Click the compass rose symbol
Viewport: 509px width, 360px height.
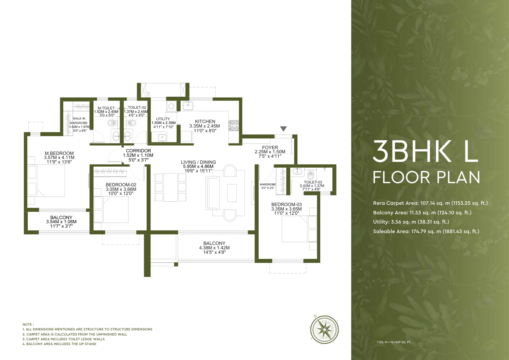pyautogui.click(x=324, y=329)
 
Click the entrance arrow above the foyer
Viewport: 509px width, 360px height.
pyautogui.click(x=283, y=129)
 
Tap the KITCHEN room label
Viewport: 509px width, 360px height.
pyautogui.click(x=205, y=121)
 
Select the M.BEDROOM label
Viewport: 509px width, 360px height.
pyautogui.click(x=59, y=153)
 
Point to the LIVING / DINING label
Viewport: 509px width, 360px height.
pyautogui.click(x=199, y=162)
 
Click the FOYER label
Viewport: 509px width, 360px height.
pyautogui.click(x=270, y=148)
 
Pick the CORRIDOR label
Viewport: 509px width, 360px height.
pyautogui.click(x=138, y=151)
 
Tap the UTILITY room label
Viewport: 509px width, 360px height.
pyautogui.click(x=163, y=119)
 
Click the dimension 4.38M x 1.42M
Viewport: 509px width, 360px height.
pyautogui.click(x=214, y=248)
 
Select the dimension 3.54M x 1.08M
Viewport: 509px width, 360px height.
pyautogui.click(x=61, y=222)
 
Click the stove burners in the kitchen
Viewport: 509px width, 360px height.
pyautogui.click(x=234, y=126)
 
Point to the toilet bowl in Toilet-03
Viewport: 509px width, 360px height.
pyautogui.click(x=310, y=175)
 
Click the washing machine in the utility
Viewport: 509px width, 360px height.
pyautogui.click(x=171, y=106)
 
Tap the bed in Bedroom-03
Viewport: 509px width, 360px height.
pyautogui.click(x=299, y=229)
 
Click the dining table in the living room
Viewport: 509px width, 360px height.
pyautogui.click(x=171, y=187)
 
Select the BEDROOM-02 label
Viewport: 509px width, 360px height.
pyautogui.click(x=121, y=185)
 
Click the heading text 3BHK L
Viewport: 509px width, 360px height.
pyautogui.click(x=426, y=151)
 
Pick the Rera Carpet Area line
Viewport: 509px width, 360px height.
pyautogui.click(x=430, y=203)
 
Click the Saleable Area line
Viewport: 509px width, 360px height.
pyautogui.click(x=426, y=232)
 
